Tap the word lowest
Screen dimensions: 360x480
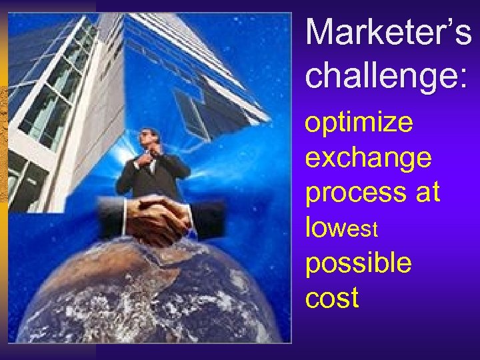click(x=342, y=228)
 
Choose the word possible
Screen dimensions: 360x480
click(x=359, y=264)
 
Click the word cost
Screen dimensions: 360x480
click(x=332, y=298)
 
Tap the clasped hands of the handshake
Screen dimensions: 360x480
click(x=159, y=218)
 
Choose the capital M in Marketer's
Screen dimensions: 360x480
click(x=319, y=32)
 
